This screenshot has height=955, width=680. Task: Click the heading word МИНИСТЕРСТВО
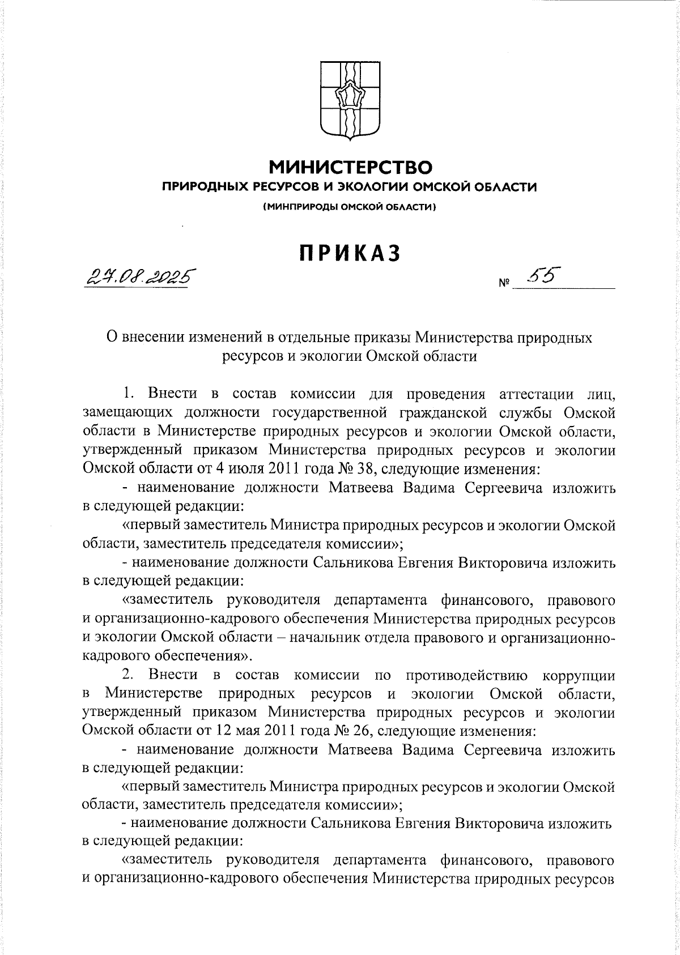(350, 167)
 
